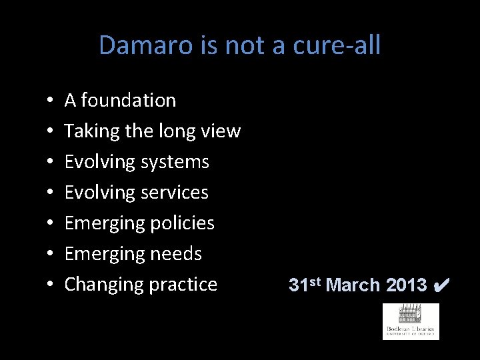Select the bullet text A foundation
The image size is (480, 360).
coord(120,101)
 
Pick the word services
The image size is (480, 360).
coord(175,193)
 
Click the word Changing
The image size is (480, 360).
coord(97,285)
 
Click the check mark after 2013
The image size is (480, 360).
coord(441,285)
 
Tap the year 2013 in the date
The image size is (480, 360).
coord(405,285)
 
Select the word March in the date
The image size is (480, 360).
coord(353,285)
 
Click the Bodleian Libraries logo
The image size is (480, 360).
coord(411,321)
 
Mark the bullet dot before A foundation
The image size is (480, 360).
coord(51,101)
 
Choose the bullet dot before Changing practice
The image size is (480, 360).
coord(51,285)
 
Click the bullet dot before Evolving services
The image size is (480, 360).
coord(51,193)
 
